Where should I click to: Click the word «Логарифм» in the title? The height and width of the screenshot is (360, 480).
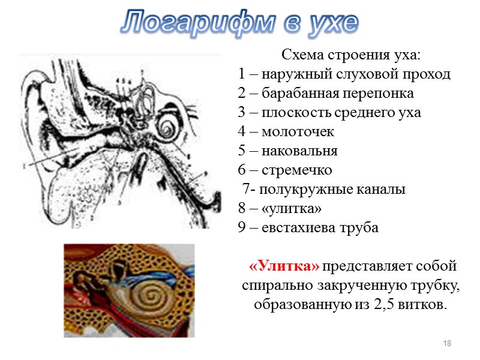tap(193, 22)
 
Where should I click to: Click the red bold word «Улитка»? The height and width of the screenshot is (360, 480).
tap(284, 266)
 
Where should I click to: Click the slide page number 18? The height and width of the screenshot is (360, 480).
tap(446, 343)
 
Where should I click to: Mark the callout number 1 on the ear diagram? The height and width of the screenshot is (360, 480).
tap(24, 166)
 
